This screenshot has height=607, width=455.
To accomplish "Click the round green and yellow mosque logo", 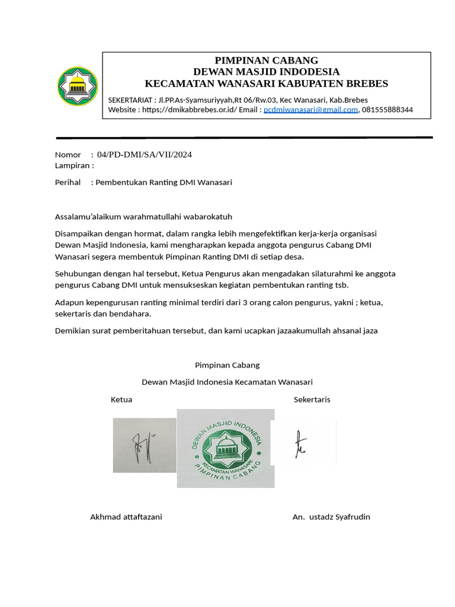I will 78,87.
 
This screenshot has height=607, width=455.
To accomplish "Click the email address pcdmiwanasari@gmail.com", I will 310,110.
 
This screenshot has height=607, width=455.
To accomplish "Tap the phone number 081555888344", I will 387,110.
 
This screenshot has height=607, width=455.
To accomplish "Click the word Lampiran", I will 73,165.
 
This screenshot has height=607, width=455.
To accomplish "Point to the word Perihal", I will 68,182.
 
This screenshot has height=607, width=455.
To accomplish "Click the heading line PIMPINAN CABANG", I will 266,60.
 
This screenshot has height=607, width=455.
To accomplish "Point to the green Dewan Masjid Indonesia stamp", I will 226,448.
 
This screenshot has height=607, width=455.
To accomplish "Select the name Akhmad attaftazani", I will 126,517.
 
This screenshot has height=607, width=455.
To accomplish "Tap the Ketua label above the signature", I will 121,400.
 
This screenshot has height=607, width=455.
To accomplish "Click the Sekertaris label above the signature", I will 312,400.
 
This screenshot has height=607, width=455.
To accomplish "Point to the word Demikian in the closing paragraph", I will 72,331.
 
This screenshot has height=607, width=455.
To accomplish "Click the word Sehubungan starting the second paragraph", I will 78,273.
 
